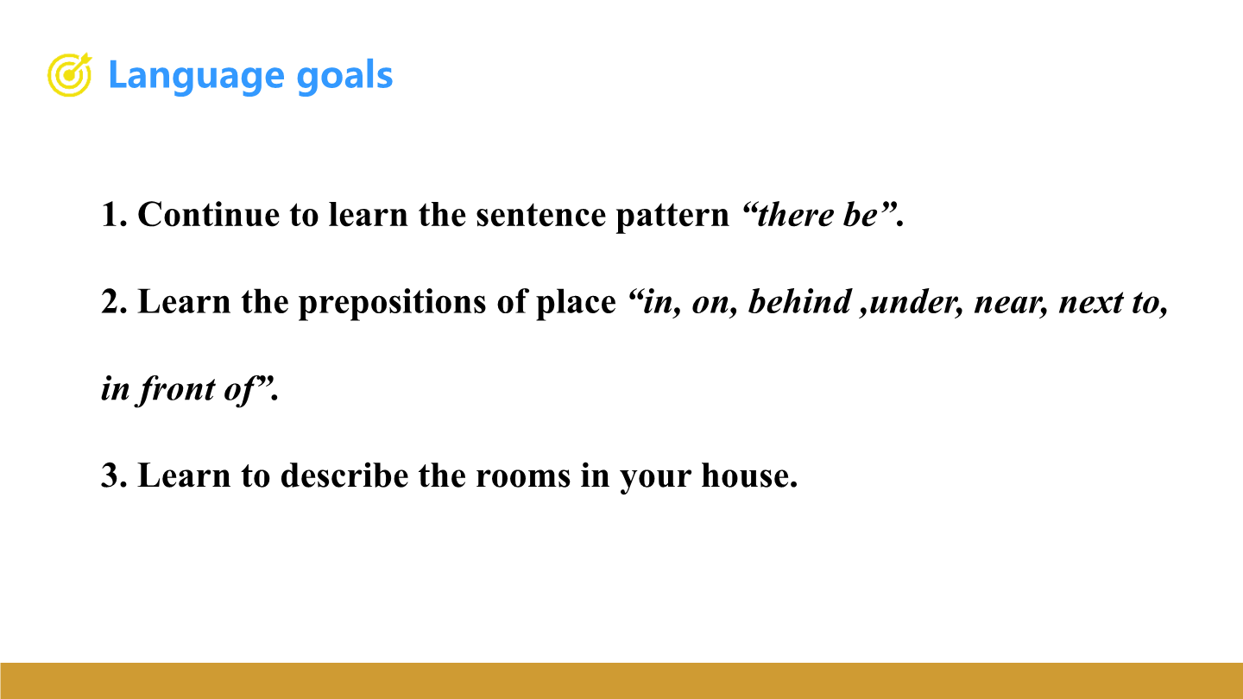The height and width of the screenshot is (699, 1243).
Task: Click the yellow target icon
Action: [69, 75]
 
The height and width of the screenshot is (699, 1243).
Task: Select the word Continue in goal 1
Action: [208, 214]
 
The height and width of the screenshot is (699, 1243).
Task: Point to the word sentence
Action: [540, 215]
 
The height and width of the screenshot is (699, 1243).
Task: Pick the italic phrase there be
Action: [817, 215]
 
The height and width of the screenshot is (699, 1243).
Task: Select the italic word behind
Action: [799, 302]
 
